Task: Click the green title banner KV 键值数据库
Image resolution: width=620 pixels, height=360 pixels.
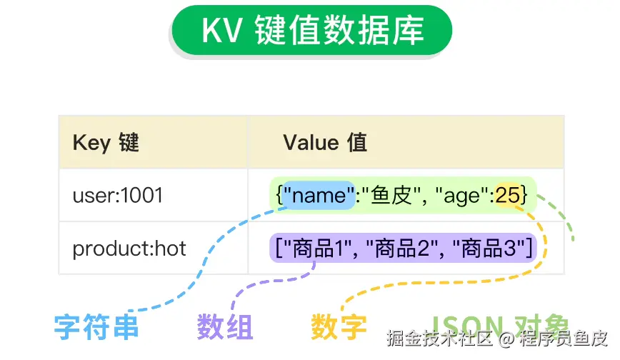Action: (312, 31)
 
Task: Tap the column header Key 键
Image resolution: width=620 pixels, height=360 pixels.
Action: (106, 142)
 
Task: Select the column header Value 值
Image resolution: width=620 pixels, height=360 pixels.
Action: (325, 142)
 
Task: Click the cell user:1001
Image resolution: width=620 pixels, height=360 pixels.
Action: (118, 194)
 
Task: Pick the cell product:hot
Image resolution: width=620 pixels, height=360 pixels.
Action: (129, 248)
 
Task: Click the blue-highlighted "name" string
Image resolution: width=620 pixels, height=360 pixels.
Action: (319, 194)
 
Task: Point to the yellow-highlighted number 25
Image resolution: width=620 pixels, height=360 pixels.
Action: (508, 194)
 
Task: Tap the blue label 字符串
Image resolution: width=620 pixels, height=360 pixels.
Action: (96, 328)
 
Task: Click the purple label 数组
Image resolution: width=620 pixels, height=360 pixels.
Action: (225, 328)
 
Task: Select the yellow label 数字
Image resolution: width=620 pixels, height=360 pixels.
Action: (339, 328)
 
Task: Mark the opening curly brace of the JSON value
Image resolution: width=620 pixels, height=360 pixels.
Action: (278, 194)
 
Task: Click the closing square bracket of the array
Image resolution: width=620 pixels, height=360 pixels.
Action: (529, 248)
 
